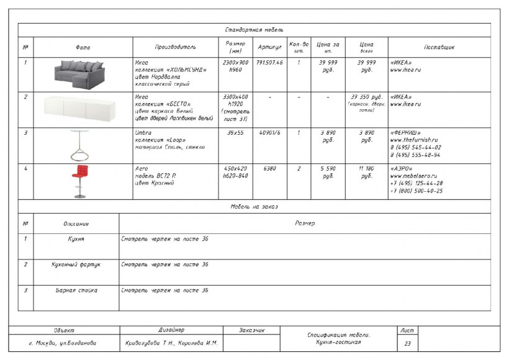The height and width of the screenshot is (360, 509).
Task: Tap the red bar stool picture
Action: pyautogui.click(x=79, y=181)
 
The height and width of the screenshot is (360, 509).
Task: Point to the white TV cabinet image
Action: pyautogui.click(x=83, y=109)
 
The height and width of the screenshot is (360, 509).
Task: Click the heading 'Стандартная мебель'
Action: pyautogui.click(x=254, y=30)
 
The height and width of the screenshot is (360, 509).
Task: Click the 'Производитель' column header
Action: pyautogui.click(x=176, y=47)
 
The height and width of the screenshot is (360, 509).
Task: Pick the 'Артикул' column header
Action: pyautogui.click(x=269, y=47)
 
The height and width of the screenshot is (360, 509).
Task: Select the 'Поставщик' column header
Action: pyautogui.click(x=439, y=47)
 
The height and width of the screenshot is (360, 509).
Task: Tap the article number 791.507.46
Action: pyautogui.click(x=269, y=63)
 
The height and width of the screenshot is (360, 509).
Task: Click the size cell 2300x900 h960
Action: pyautogui.click(x=235, y=66)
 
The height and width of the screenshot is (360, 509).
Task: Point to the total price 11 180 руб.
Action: pyautogui.click(x=367, y=172)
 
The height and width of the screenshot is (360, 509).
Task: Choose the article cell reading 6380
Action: pyautogui.click(x=269, y=168)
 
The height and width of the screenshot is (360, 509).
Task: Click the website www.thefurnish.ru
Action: pyautogui.click(x=414, y=140)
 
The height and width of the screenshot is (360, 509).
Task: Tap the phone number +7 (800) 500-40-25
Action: pyautogui.click(x=417, y=191)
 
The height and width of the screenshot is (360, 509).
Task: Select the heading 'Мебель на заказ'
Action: pyautogui.click(x=254, y=206)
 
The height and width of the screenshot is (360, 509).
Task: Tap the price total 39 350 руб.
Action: pyautogui.click(x=367, y=97)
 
